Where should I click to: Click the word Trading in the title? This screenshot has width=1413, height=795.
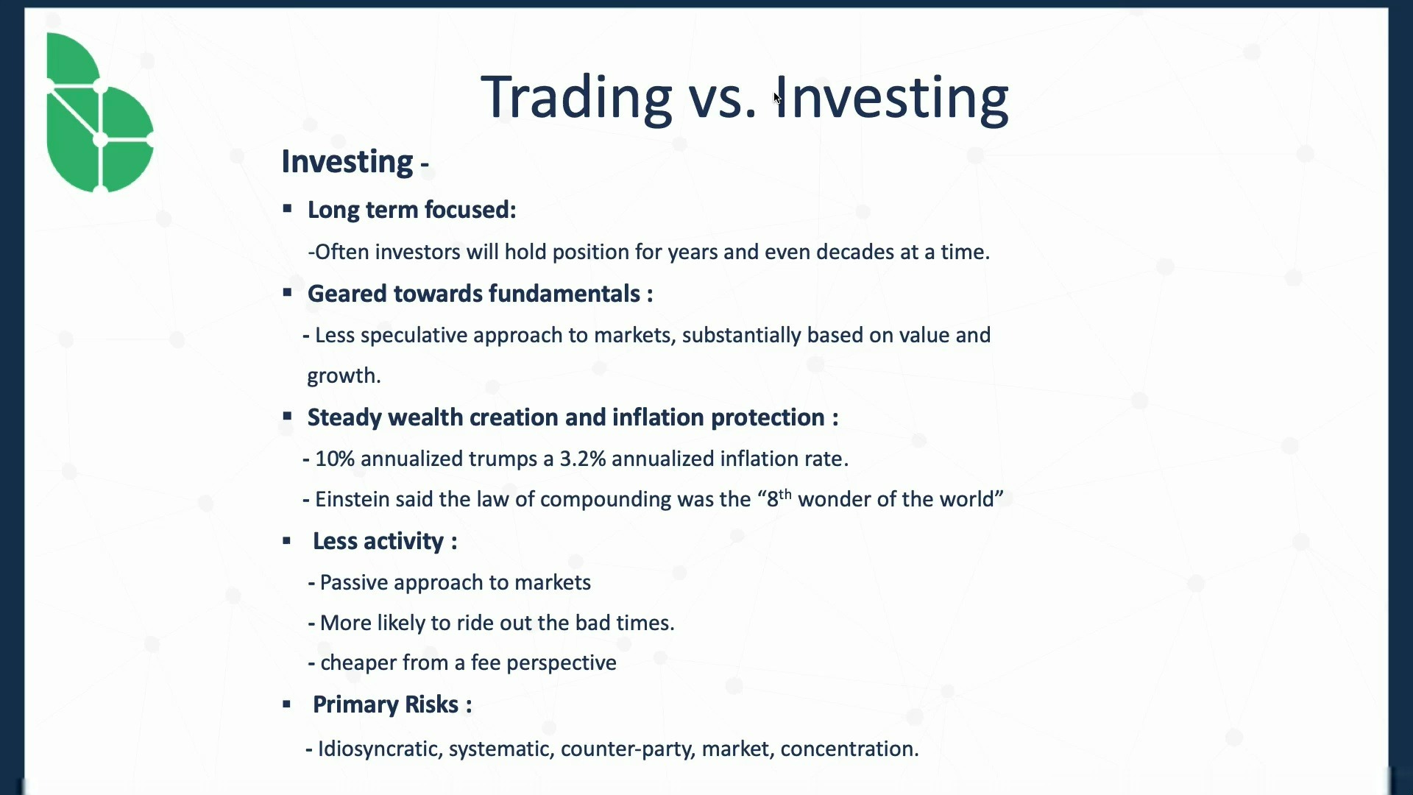[576, 97]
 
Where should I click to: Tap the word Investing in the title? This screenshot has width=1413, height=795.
[891, 97]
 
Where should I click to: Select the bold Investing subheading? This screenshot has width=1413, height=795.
[347, 162]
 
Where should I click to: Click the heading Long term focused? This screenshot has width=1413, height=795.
[411, 210]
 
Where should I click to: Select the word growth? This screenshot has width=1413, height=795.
[344, 376]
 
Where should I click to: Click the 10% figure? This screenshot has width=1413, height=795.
[335, 459]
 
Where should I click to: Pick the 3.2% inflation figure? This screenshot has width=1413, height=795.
[583, 459]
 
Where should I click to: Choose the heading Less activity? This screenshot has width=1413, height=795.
[385, 542]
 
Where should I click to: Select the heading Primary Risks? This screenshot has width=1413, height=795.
[392, 705]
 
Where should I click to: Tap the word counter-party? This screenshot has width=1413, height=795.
[628, 749]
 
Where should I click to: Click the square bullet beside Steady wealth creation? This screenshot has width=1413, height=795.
[287, 417]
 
